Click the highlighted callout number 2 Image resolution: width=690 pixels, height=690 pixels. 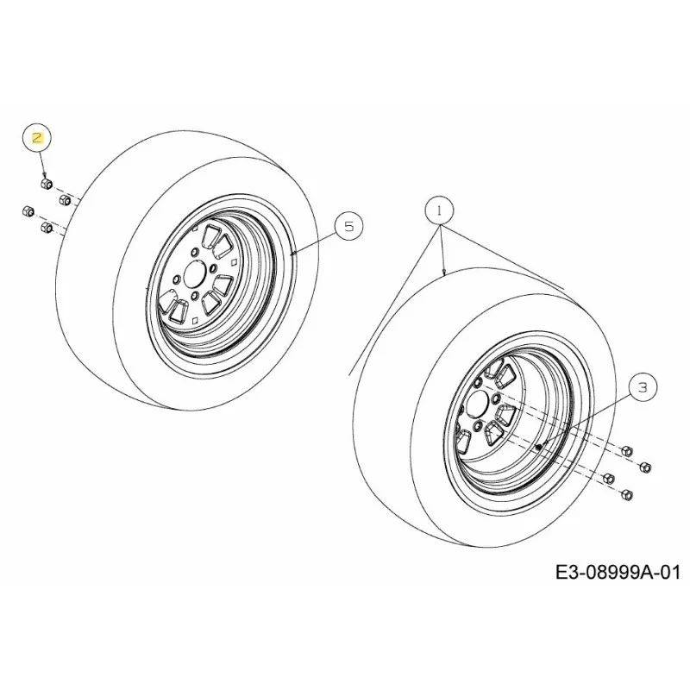37,138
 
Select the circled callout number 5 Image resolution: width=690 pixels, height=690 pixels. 348,227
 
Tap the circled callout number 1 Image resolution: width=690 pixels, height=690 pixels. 439,210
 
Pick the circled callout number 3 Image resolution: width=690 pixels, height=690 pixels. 643,388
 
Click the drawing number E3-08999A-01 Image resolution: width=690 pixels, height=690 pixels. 618,573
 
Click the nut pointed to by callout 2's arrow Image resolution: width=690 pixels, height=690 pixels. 47,184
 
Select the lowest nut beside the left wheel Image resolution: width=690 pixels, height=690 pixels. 47,227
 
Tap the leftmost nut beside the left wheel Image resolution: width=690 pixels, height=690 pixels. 28,210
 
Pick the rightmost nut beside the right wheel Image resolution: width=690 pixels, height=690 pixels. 645,467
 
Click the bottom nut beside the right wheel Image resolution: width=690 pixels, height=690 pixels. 627,494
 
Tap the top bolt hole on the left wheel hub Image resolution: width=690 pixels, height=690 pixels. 194,252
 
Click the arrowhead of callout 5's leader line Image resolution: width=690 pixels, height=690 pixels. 293,253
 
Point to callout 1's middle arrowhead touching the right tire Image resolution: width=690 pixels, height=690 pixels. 445,272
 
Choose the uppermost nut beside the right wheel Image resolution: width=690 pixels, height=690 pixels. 627,450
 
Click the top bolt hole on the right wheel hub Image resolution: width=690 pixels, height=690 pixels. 477,382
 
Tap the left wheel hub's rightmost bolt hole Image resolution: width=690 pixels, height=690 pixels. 213,268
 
